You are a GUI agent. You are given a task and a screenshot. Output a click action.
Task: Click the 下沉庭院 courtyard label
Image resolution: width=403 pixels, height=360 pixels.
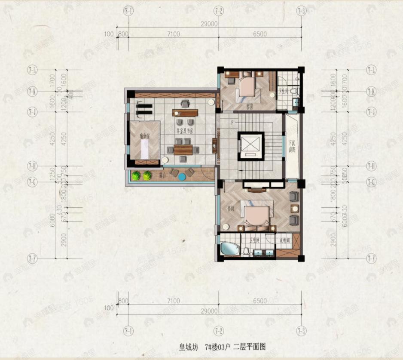(x=292, y=146)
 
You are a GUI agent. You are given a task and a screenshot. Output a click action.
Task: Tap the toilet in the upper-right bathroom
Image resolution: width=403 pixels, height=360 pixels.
(x=294, y=91)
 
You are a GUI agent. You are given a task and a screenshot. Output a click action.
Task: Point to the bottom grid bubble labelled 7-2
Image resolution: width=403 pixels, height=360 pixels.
(x=219, y=331)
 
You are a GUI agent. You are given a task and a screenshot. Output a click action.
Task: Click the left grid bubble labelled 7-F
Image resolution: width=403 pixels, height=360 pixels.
(x=32, y=258)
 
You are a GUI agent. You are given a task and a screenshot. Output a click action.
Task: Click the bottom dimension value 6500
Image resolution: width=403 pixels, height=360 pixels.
(x=260, y=301)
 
